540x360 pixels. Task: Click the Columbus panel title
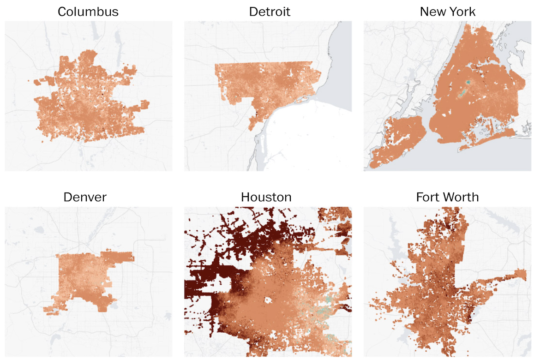[x=88, y=12]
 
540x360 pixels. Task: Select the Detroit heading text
[x=270, y=12]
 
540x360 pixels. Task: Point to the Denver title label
[x=85, y=198]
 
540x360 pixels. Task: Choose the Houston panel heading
[x=266, y=198]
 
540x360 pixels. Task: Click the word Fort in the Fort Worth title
[x=427, y=198]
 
